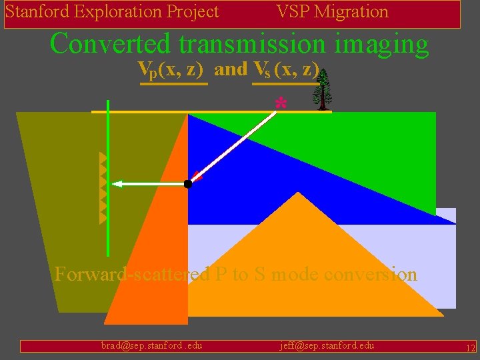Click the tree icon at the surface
tap(323, 90)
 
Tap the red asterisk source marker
tap(281, 104)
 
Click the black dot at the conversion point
tap(188, 183)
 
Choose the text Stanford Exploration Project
tap(112, 12)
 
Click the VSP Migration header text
tap(332, 12)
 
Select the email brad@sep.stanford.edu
tap(151, 345)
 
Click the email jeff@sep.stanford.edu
tap(327, 345)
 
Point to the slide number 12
tap(471, 347)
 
